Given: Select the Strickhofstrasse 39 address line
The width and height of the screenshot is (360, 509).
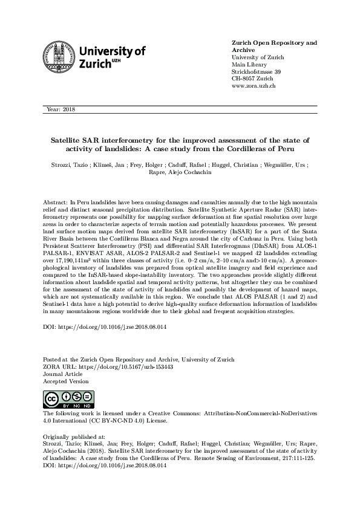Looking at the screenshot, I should [257, 72].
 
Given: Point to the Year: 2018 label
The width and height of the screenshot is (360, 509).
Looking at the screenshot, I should [60, 109].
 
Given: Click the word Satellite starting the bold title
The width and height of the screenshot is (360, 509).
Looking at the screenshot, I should [67, 139].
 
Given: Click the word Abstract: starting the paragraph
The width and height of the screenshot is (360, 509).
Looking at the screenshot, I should [56, 201].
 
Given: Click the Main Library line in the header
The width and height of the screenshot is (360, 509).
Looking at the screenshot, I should [249, 65].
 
